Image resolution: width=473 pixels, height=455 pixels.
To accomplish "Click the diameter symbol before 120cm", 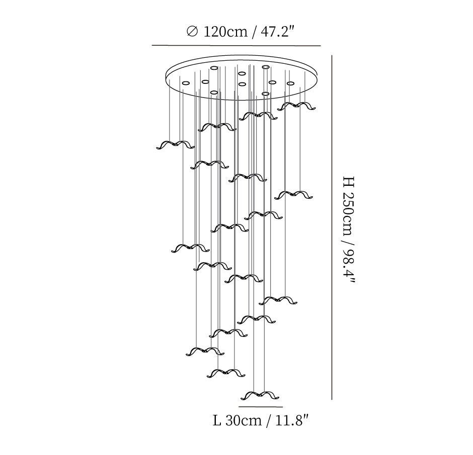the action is [x=192, y=31].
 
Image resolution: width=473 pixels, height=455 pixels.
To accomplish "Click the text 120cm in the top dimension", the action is [x=225, y=32].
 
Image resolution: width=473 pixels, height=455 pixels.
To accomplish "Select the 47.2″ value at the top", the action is [x=277, y=32].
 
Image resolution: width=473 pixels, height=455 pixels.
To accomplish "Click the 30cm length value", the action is [x=243, y=420].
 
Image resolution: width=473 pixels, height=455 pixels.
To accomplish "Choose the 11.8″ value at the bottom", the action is [x=292, y=420].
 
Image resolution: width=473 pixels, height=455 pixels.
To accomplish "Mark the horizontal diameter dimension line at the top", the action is [x=236, y=46].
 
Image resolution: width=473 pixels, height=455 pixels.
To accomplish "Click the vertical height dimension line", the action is [x=332, y=227].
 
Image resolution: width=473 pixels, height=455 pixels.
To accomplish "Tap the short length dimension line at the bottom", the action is [x=261, y=407].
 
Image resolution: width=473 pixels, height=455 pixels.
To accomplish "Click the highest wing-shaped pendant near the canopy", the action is [x=296, y=106].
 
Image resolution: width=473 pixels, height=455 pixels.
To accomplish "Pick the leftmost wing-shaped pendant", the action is [x=175, y=145].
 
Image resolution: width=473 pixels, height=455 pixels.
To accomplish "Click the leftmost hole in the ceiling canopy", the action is [x=185, y=82].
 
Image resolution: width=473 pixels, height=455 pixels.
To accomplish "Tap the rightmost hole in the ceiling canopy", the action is [x=290, y=83].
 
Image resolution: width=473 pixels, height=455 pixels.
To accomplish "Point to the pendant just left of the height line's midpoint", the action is [x=293, y=195].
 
